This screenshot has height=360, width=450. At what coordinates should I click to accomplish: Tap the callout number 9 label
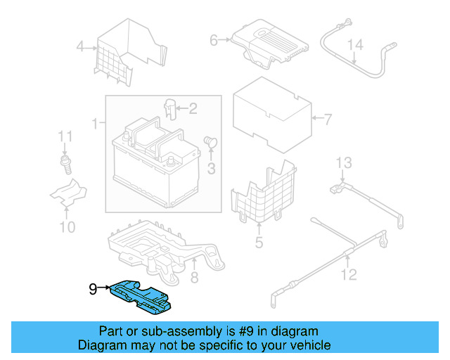[x=93, y=288]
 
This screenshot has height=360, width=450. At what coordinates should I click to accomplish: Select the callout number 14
[x=356, y=45]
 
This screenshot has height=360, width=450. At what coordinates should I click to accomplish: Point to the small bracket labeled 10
[x=68, y=193]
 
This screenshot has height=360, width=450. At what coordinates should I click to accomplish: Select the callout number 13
[x=342, y=164]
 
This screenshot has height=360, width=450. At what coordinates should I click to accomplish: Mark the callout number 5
[x=259, y=243]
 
